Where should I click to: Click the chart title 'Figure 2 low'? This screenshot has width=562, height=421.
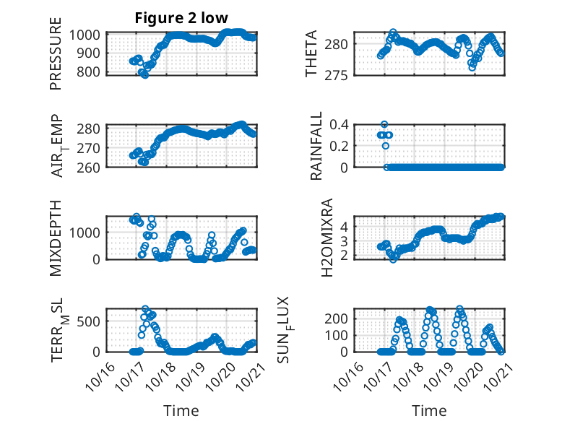pyautogui.click(x=181, y=19)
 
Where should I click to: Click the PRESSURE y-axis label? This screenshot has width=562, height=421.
pyautogui.click(x=56, y=58)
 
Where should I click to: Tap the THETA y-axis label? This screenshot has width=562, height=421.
pyautogui.click(x=311, y=55)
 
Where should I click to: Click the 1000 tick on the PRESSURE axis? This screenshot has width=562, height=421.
pyautogui.click(x=88, y=35)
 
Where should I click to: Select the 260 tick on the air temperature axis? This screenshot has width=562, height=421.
pyautogui.click(x=92, y=167)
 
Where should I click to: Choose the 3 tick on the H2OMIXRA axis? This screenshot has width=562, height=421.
pyautogui.click(x=344, y=240)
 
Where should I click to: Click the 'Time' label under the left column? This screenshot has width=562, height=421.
pyautogui.click(x=181, y=410)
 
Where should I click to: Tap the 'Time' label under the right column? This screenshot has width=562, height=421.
pyautogui.click(x=429, y=410)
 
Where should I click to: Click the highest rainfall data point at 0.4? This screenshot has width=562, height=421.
pyautogui.click(x=384, y=124)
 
